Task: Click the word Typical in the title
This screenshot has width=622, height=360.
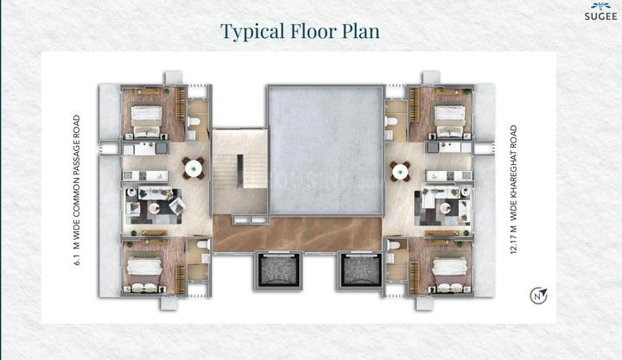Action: (x=252, y=32)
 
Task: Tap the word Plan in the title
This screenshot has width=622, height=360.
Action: (x=360, y=31)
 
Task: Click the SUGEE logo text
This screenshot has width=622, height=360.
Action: (x=601, y=16)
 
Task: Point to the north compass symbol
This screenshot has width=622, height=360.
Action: (x=538, y=296)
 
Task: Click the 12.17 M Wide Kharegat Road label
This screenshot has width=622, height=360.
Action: (x=514, y=190)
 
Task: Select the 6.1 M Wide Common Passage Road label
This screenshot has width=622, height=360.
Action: (x=77, y=190)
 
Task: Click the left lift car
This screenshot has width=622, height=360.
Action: (x=278, y=270)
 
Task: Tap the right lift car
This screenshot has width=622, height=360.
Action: (x=360, y=270)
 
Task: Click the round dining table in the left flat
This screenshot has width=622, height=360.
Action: (x=194, y=168)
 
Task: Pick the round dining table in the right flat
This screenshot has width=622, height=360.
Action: (x=400, y=171)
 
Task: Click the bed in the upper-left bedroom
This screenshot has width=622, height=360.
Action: (x=146, y=121)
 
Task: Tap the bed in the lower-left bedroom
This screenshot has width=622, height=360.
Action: (x=144, y=274)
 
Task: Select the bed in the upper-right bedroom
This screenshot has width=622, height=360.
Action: (x=449, y=121)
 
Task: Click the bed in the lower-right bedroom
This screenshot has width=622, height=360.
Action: (x=449, y=274)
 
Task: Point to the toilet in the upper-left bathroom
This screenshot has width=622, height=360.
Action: (x=194, y=122)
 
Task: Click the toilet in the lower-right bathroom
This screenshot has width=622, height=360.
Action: (x=392, y=244)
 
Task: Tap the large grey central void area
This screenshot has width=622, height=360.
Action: (x=326, y=150)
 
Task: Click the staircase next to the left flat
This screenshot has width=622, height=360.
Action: (x=240, y=171)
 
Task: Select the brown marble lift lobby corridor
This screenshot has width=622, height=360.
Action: (x=297, y=233)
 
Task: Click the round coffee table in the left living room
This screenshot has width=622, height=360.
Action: (x=154, y=208)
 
